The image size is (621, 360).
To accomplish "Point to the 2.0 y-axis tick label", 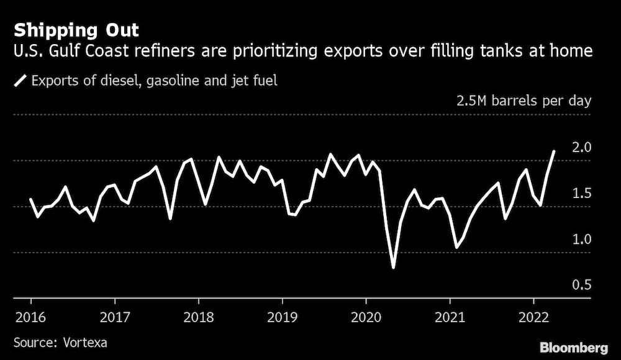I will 581,148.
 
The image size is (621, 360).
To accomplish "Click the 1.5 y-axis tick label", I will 581,194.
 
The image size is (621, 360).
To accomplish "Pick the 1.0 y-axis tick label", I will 581,240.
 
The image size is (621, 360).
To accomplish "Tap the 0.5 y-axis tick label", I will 581,286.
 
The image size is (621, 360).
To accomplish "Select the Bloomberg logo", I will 574,348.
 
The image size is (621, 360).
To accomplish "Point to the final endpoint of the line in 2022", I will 554,151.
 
